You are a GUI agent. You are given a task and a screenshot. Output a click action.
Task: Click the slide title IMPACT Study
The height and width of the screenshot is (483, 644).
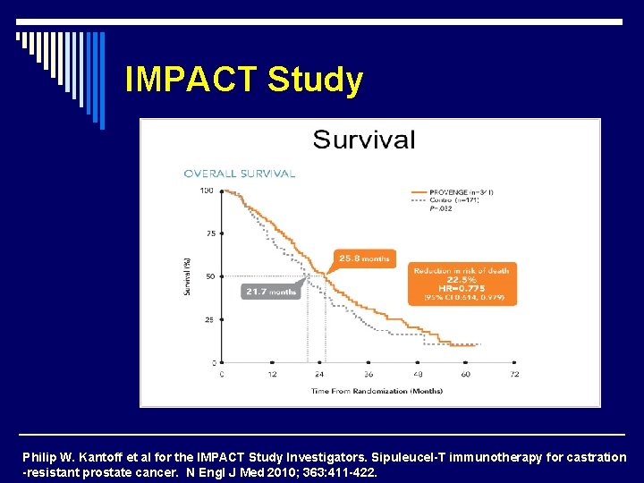(x=244, y=80)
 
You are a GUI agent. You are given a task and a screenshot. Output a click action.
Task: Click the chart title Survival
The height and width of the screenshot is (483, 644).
(x=363, y=140)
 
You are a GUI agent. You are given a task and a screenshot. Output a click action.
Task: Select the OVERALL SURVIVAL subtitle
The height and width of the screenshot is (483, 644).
(x=239, y=173)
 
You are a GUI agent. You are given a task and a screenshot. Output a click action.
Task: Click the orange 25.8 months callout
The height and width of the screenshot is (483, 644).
(x=363, y=258)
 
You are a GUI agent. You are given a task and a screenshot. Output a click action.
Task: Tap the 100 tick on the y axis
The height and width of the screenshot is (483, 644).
(x=207, y=191)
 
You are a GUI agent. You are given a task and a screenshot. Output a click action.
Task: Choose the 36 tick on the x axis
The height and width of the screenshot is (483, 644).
(x=368, y=375)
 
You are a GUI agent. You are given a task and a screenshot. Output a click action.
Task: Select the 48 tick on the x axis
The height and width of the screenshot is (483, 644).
(x=417, y=375)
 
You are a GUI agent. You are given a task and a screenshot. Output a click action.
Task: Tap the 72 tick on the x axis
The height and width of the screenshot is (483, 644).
(x=514, y=375)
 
